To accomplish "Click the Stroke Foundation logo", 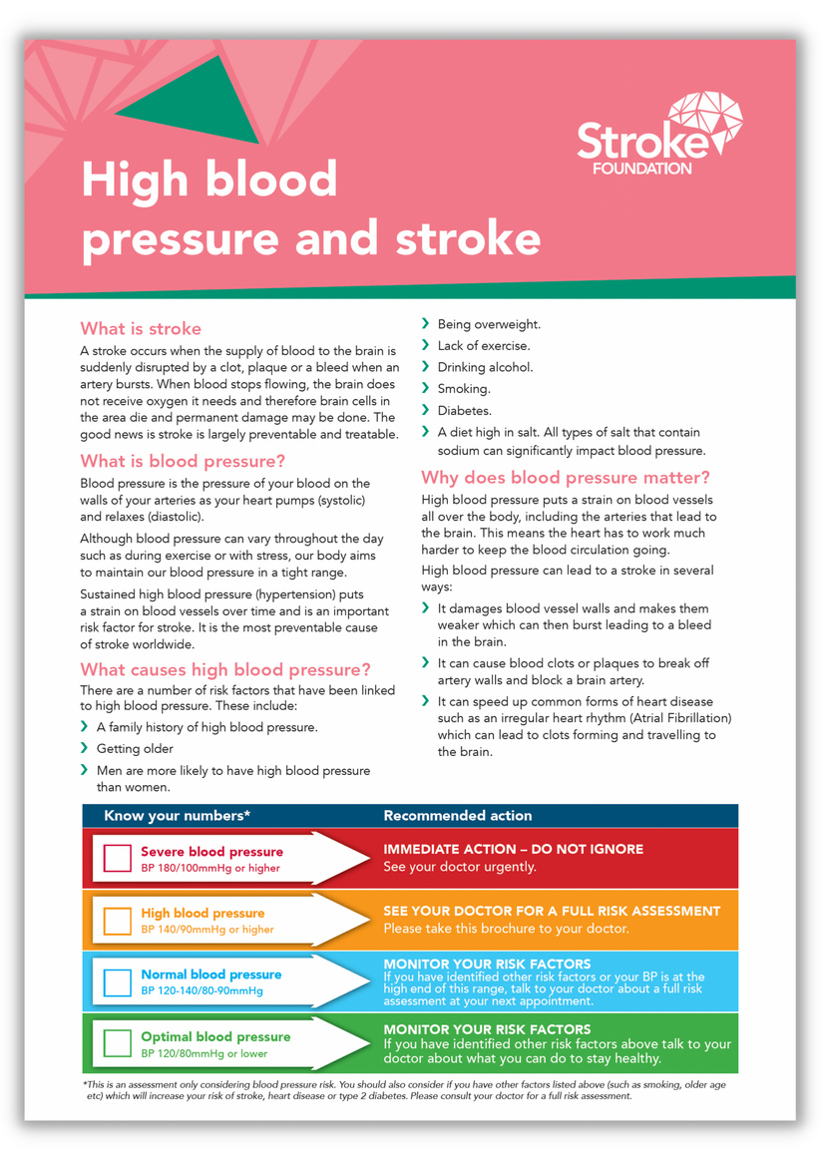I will coord(657,135).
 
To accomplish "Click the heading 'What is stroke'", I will coord(141,328).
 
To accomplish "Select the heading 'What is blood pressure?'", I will coord(183,461).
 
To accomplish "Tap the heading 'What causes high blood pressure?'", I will coord(225,669).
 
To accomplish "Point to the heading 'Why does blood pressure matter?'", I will coord(566,477).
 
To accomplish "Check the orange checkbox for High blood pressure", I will coord(118,921).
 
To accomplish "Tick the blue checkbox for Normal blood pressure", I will coord(118,981).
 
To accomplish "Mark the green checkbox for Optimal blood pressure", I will coord(118,1043).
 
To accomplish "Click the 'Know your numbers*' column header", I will coord(177,816).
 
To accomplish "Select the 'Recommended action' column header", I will coord(458,816).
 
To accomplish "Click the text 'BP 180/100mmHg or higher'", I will coord(210,868).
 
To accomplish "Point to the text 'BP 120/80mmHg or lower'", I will coord(204,1053).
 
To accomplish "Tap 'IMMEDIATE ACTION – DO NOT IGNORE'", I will coord(514,849).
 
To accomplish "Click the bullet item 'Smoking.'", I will coord(464,389).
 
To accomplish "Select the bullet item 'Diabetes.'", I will coord(465,410).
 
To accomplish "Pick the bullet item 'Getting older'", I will coord(135,748).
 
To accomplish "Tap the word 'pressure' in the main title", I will coord(181,239).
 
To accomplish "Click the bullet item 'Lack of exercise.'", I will coord(484,346).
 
